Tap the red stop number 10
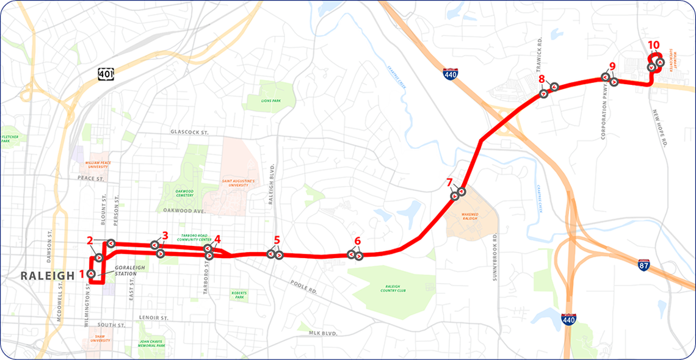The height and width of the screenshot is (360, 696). [x=653, y=45]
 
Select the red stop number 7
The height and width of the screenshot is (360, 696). [x=450, y=182]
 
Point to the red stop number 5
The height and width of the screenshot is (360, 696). [x=277, y=240]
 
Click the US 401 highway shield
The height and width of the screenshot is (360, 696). [x=106, y=73]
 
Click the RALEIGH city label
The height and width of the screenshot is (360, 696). [x=39, y=275]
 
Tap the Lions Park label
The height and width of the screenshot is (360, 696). [x=269, y=101]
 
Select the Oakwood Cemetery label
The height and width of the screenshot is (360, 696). [x=179, y=194]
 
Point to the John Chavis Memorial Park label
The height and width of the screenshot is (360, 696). [x=152, y=344]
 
